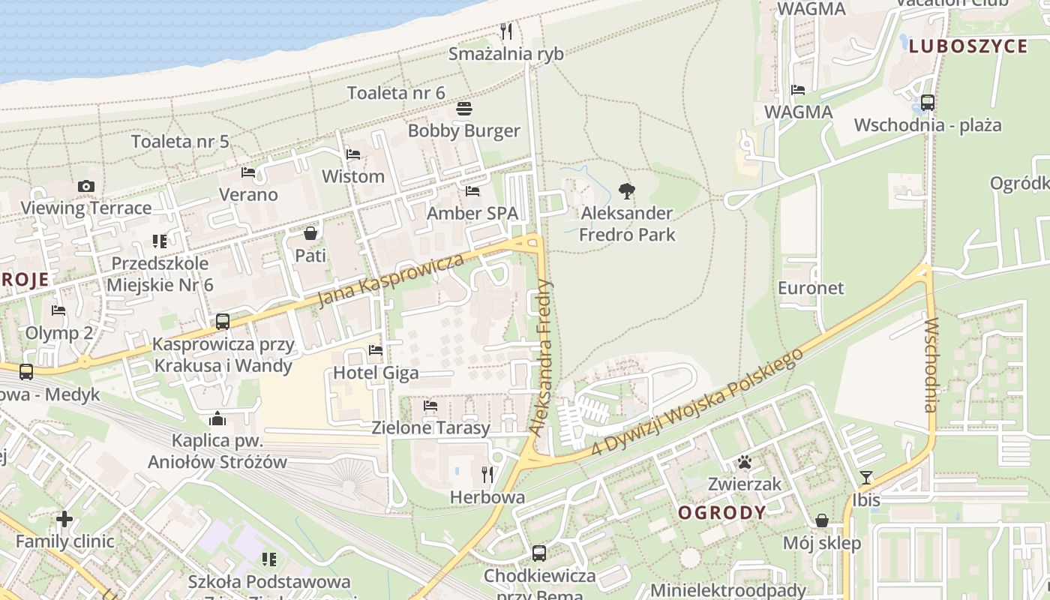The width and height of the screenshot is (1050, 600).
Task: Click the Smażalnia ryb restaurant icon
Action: [x=506, y=31]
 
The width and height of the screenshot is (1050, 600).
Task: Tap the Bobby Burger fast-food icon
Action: [x=463, y=109]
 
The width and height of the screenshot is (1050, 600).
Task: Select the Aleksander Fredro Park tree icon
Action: [x=627, y=191]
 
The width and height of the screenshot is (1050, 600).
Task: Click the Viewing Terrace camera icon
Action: [x=86, y=186]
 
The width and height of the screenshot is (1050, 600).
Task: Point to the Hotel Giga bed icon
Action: [x=376, y=350]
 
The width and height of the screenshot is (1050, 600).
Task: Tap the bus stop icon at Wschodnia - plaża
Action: [x=927, y=103]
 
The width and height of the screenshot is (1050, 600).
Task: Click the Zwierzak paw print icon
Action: [x=744, y=462]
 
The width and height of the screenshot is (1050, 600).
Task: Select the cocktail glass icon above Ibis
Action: [x=866, y=478]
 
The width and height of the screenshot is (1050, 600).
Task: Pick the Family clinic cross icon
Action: [x=64, y=519]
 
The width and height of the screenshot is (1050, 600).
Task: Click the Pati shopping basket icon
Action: [x=310, y=233]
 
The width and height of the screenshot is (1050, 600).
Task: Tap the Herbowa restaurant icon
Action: [x=487, y=475]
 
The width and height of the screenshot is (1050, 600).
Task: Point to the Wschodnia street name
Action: [x=931, y=365]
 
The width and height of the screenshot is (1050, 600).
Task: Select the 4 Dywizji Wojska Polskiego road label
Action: [x=697, y=401]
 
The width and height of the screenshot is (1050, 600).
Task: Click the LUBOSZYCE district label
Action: [x=968, y=46]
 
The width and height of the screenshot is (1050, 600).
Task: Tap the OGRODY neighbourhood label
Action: [x=722, y=513]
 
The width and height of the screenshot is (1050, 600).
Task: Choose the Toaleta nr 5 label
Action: [x=180, y=141]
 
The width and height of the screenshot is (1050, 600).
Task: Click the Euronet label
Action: [x=811, y=288]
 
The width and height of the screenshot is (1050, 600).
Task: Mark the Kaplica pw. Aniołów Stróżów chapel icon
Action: [x=217, y=418]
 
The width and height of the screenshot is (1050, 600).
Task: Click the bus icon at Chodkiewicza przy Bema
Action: [x=539, y=553]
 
